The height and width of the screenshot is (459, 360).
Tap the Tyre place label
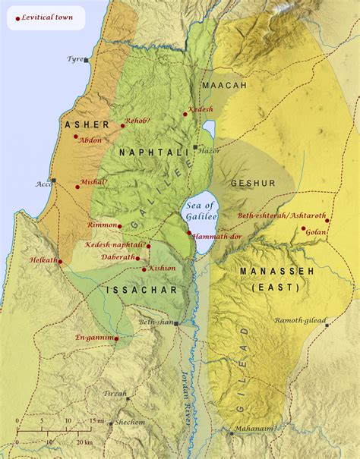click(74, 58)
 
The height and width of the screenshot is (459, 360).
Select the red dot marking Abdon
click(76, 137)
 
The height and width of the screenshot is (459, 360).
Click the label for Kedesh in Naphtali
click(201, 108)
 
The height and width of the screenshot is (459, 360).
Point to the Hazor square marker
click(195, 147)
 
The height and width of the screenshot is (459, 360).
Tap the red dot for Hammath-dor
click(189, 232)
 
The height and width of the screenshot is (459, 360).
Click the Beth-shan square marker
click(176, 323)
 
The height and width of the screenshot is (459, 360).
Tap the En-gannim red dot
click(116, 338)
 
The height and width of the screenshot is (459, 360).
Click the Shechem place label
click(131, 423)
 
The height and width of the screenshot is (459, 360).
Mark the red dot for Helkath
click(60, 263)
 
